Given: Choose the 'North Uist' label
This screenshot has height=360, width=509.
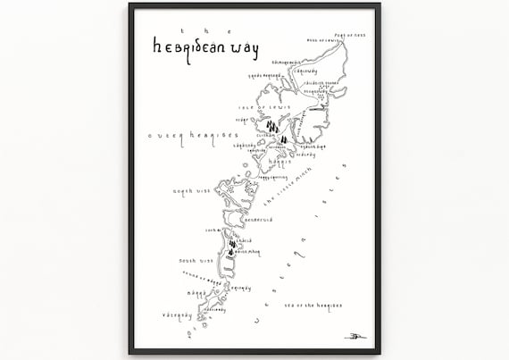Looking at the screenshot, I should (x=189, y=190).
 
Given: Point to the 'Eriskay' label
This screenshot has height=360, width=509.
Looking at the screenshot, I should (x=238, y=288).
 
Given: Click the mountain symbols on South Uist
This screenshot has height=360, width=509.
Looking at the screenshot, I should (x=231, y=246).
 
